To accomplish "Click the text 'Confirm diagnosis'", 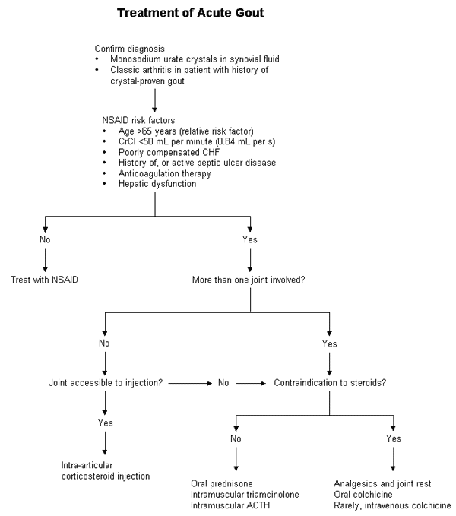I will [126, 48].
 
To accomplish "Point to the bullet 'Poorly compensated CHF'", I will [155, 152].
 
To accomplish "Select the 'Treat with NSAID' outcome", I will [46, 279].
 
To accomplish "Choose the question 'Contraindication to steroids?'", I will [328, 382].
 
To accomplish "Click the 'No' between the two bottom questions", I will [223, 382].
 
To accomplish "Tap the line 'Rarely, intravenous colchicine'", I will [392, 504].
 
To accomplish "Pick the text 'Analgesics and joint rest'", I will [382, 483].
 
